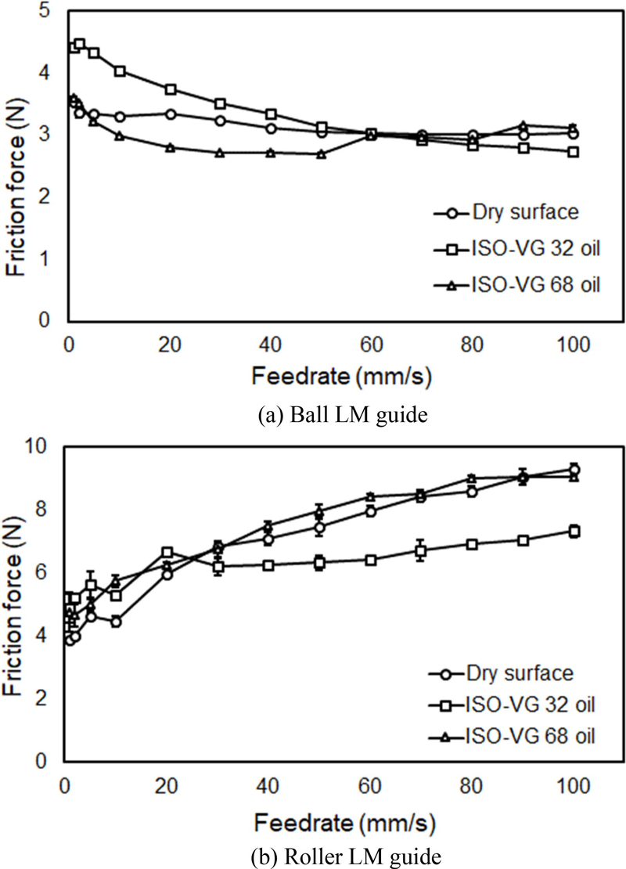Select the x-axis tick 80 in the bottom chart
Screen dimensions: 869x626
tap(473, 784)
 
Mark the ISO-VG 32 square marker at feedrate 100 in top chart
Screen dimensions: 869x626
tap(574, 152)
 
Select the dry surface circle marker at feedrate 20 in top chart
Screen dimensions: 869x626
tap(170, 114)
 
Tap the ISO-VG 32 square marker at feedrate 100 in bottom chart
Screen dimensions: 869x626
tap(574, 532)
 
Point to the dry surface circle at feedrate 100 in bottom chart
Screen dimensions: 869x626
tap(574, 470)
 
